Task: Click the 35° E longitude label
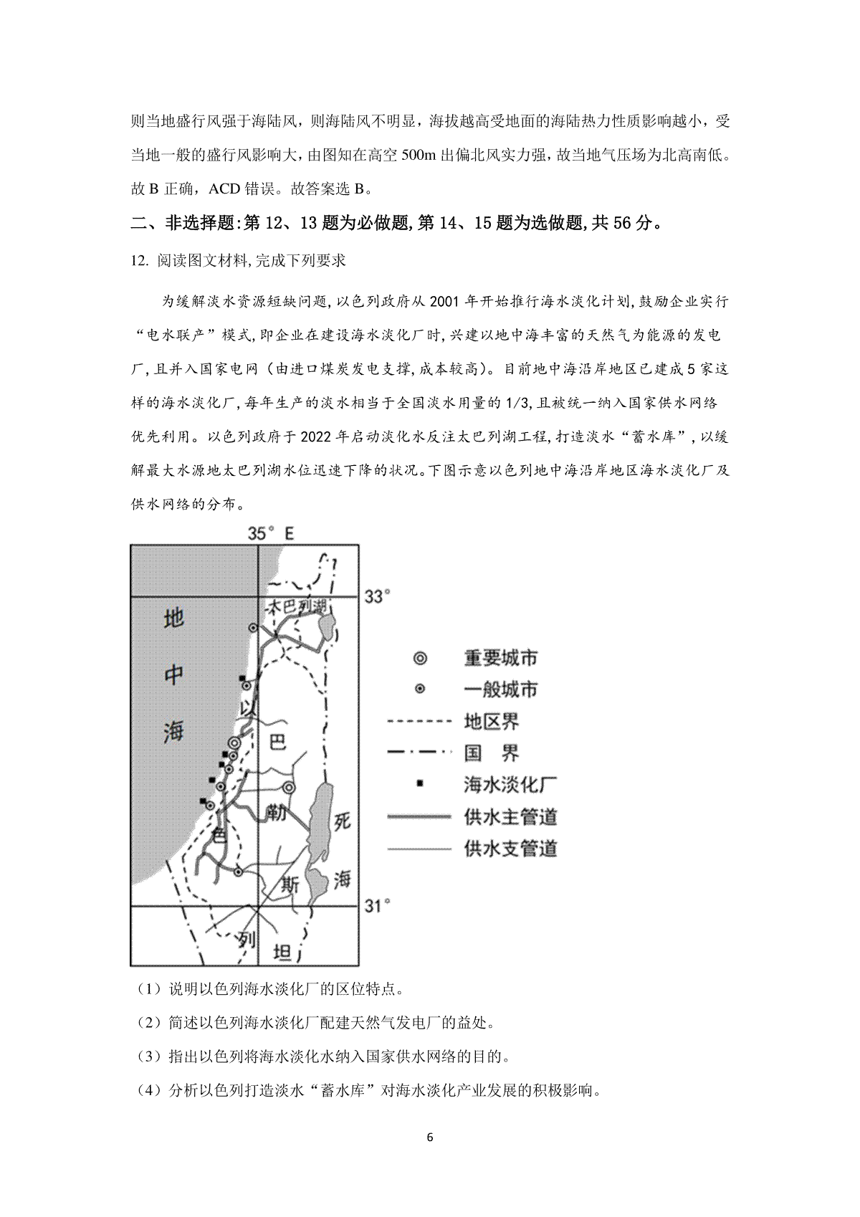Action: tap(271, 533)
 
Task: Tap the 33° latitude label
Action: tap(378, 596)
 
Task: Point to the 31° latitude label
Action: tap(378, 906)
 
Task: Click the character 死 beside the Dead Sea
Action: tap(343, 821)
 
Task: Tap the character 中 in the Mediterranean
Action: tap(174, 674)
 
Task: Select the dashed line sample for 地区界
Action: tap(420, 721)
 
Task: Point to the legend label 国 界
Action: tap(492, 753)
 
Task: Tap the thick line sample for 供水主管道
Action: tap(420, 816)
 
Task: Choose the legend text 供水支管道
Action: tap(510, 849)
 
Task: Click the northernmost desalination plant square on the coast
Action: tap(243, 677)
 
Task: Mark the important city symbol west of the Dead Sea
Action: tap(288, 787)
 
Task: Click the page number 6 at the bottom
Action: tap(430, 1137)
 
